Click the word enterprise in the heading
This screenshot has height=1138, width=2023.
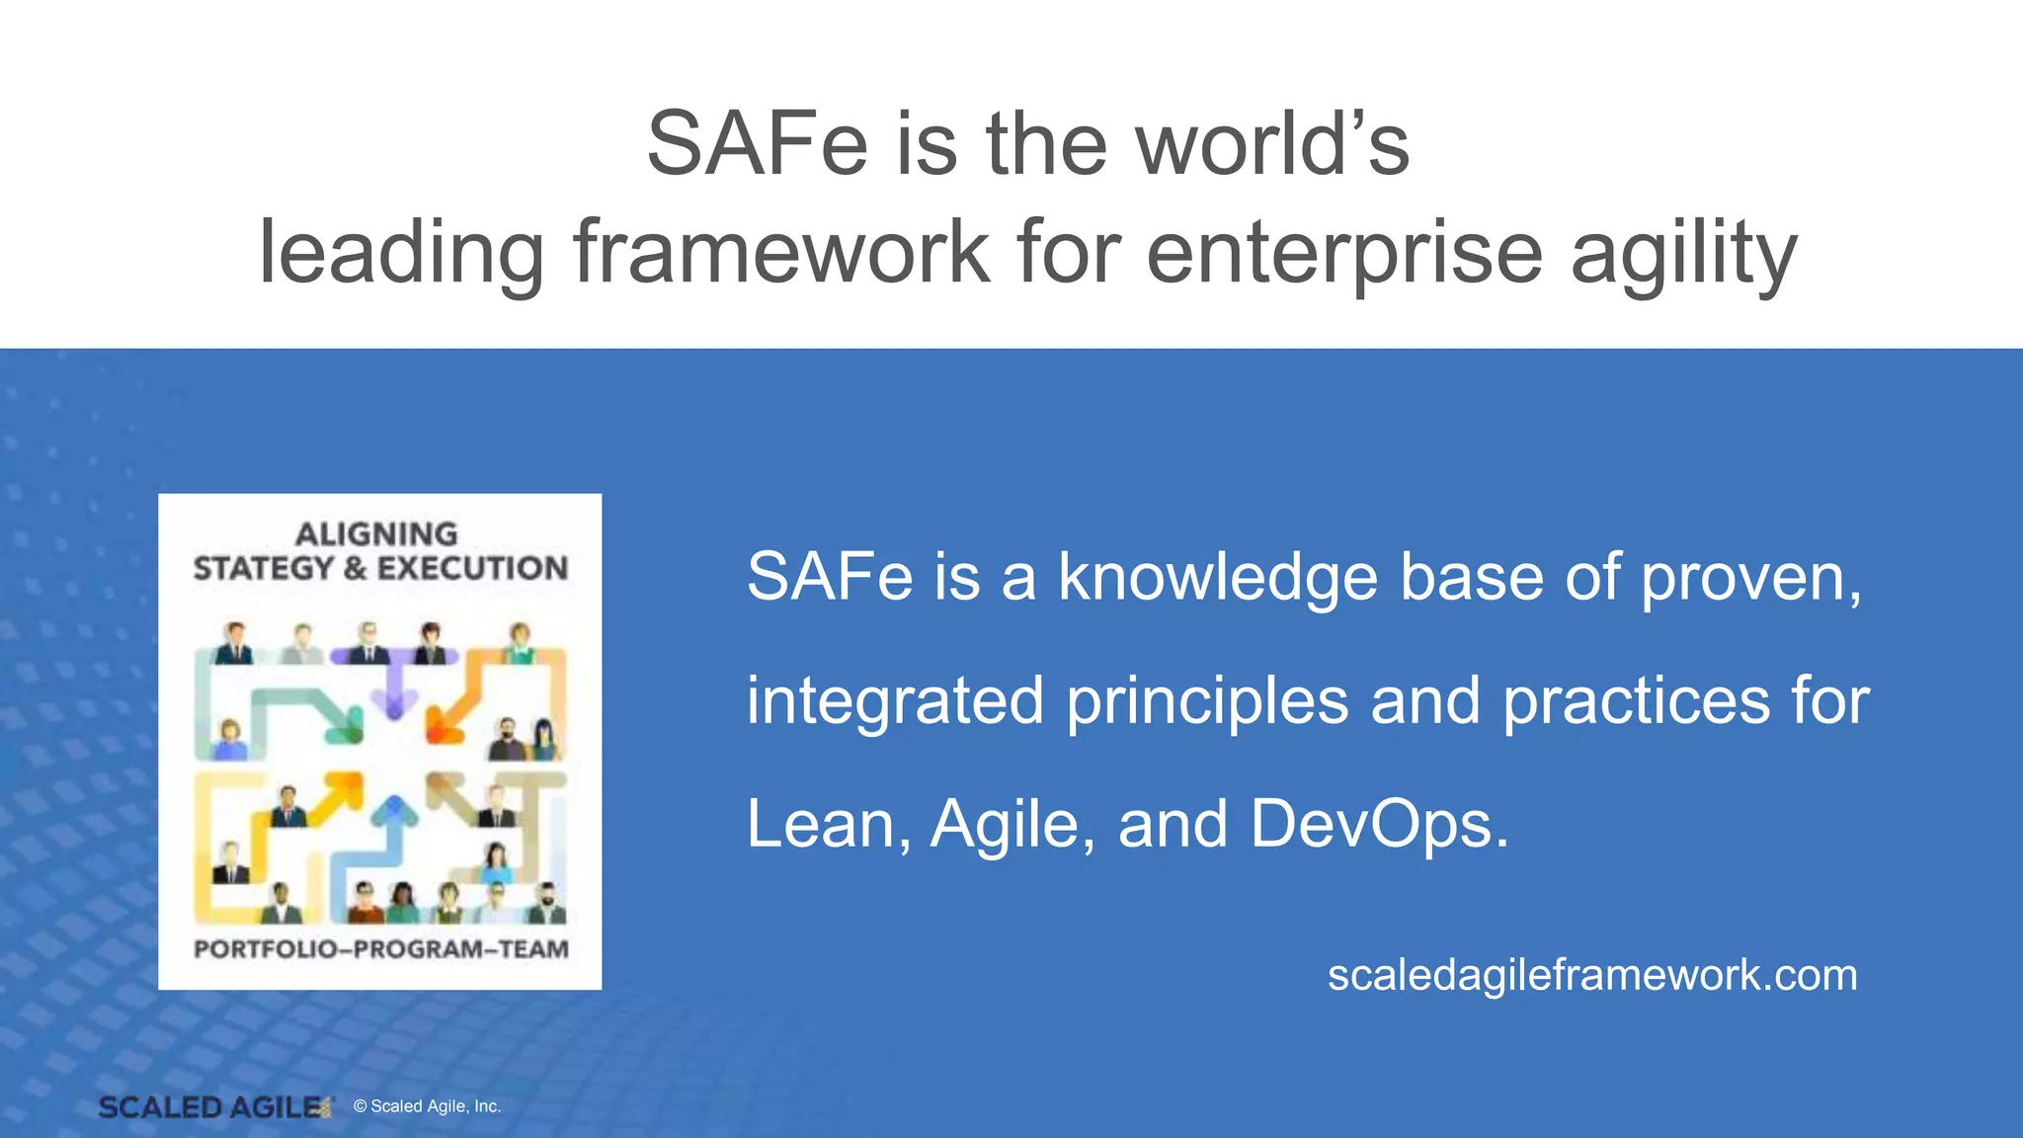[x=1343, y=255]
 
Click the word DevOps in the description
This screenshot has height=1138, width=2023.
[x=1379, y=824]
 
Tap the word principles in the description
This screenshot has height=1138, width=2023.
[x=1207, y=701]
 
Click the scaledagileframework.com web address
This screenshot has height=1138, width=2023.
[x=1592, y=975]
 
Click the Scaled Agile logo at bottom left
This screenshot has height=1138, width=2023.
[x=214, y=1107]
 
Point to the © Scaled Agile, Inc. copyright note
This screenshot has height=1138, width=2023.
[x=427, y=1106]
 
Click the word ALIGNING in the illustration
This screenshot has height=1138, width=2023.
[x=376, y=534]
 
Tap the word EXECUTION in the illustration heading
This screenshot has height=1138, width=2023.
[x=472, y=568]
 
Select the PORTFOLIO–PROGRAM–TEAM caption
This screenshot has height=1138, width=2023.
[x=380, y=949]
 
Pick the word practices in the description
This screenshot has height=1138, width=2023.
[x=1636, y=701]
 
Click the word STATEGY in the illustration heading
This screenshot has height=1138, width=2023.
[x=264, y=568]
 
